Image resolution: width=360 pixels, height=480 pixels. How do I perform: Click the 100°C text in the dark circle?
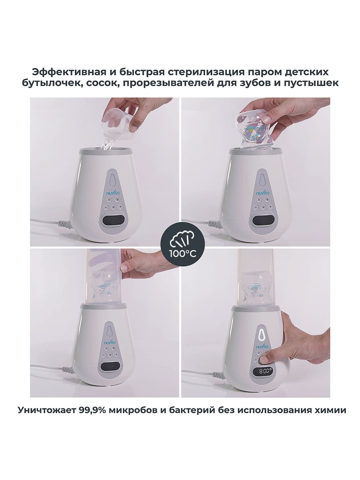[183, 254]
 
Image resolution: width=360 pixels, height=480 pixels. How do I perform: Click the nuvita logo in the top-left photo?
[113, 193]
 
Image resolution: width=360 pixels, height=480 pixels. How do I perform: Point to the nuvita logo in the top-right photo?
[263, 193]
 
